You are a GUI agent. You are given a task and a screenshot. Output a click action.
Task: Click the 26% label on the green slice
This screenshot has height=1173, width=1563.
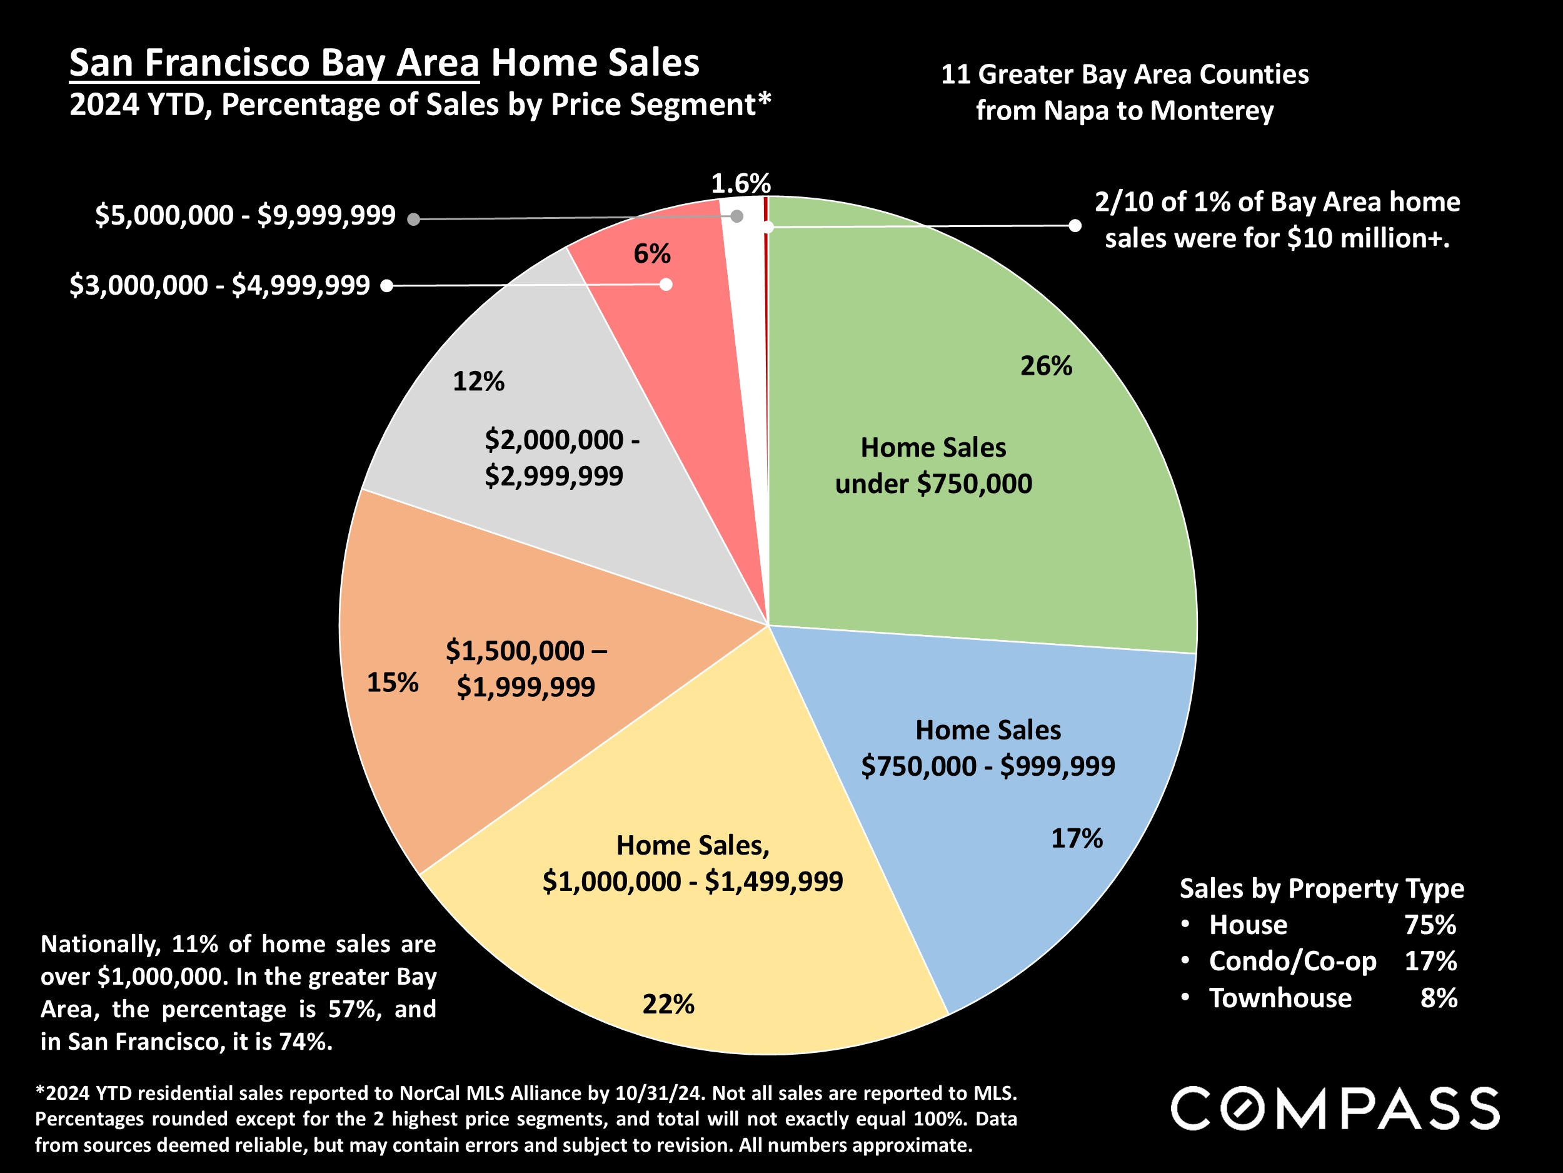[1046, 366]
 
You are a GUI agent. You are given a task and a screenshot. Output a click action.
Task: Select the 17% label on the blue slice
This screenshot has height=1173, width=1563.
[1076, 838]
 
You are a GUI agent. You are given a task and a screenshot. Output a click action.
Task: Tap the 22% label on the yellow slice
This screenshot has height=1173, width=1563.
[668, 1004]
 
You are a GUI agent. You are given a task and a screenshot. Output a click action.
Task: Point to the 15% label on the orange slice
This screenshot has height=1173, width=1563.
[392, 683]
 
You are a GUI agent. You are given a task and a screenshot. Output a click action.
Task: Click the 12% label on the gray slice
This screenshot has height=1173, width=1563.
[478, 382]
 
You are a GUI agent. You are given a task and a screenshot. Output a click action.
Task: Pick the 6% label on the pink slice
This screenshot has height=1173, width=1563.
[651, 254]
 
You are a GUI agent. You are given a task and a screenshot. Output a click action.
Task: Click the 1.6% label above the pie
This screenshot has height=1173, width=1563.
[740, 184]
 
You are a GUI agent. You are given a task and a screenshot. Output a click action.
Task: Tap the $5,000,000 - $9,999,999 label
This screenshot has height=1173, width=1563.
[245, 216]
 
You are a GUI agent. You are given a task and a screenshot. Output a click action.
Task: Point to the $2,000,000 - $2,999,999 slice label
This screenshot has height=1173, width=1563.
[562, 457]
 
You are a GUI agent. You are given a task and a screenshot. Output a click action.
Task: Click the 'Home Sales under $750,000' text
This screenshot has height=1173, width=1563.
[933, 466]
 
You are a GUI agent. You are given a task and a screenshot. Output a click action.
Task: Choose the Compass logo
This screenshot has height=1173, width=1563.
[1335, 1109]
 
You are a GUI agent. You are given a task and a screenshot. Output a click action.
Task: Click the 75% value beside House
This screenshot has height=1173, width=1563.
[1430, 925]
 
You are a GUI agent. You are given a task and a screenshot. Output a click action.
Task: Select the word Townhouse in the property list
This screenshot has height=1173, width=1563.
[1280, 998]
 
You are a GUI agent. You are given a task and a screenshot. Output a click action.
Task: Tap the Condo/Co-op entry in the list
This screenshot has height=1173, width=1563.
[1292, 962]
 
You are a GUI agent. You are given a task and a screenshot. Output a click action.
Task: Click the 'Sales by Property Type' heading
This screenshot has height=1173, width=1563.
[1321, 889]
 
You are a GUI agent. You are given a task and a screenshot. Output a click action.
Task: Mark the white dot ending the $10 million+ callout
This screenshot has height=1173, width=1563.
[1075, 226]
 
